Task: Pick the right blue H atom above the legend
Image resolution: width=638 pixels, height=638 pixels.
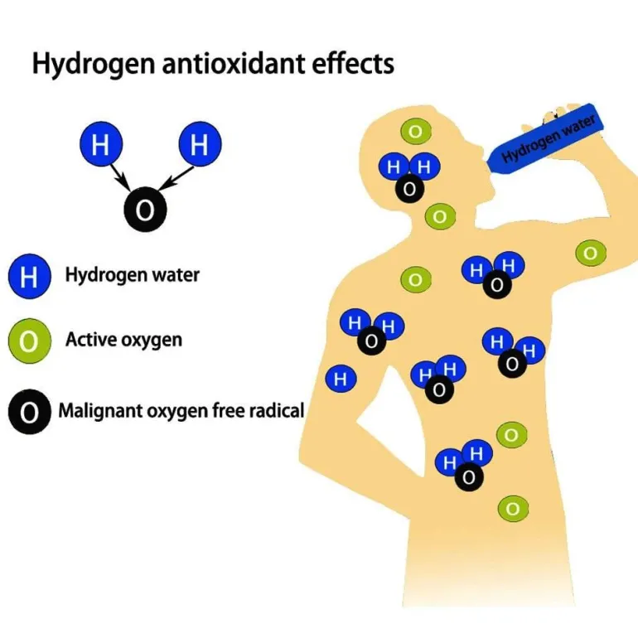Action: (x=199, y=146)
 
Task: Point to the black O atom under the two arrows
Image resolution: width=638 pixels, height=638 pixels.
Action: (x=145, y=210)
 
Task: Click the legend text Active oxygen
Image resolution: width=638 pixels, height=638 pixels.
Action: (x=123, y=340)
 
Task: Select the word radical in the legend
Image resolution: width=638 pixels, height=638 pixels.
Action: (x=277, y=409)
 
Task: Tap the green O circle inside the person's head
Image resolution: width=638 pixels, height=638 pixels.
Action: (x=415, y=131)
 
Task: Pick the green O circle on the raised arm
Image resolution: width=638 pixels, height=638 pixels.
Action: (x=590, y=253)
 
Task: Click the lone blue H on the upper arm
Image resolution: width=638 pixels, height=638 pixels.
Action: (x=340, y=379)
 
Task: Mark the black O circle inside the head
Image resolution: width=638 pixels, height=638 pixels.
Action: (x=409, y=189)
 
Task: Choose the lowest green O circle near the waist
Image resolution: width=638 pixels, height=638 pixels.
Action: (x=512, y=508)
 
